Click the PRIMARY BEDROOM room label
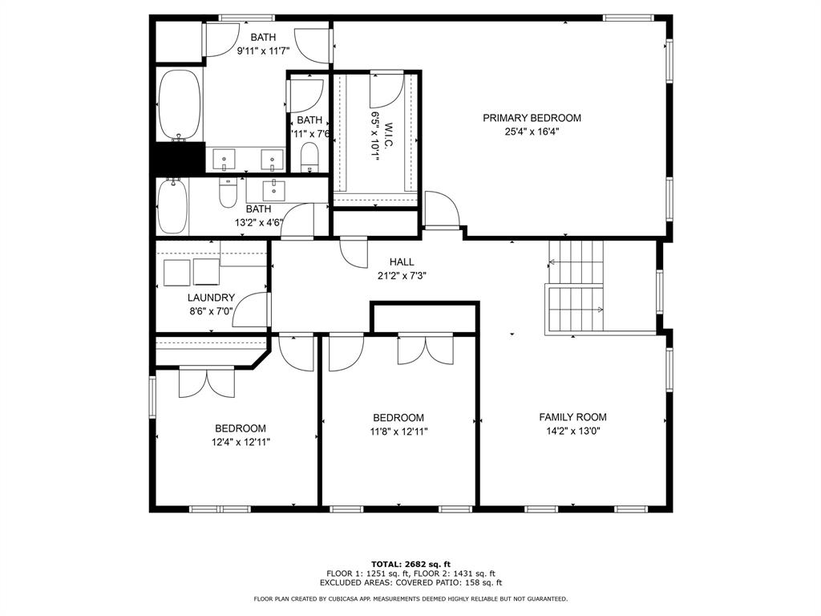coord(532,118)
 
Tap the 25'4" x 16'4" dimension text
coord(532,132)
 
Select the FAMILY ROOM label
coord(572,417)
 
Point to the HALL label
coord(402,261)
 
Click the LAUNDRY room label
coord(211,298)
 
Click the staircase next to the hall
coord(575,287)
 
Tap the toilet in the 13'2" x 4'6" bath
coord(229,192)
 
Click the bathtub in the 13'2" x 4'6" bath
coord(172,206)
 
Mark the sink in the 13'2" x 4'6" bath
coord(275,189)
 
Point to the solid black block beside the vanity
coord(179,158)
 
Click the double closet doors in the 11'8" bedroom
coord(426,351)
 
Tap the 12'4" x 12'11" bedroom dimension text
coord(240,442)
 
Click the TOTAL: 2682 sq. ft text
coord(410,564)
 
